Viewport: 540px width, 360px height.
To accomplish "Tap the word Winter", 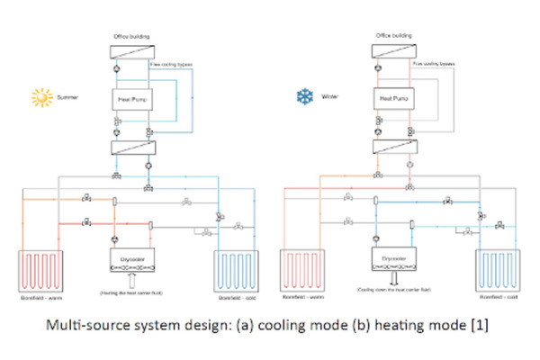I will [x=328, y=96].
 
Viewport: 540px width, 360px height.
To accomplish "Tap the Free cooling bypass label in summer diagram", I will [x=170, y=64].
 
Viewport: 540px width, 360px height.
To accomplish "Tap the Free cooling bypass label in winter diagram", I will [x=434, y=64].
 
